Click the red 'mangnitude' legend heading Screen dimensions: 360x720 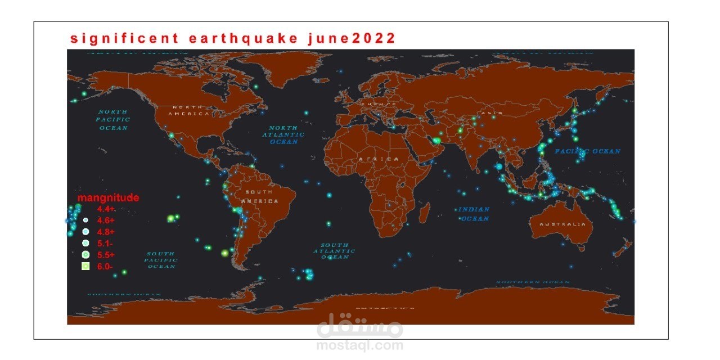tap(108, 198)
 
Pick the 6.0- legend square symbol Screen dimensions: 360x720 tap(85, 267)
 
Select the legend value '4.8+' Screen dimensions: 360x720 tap(106, 232)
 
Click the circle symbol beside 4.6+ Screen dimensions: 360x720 tap(85, 220)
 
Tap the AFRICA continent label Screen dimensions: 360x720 tap(379, 159)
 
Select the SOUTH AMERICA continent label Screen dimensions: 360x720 tap(260, 196)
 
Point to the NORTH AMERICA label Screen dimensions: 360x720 tap(191, 110)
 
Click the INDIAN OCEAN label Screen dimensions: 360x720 tap(474, 214)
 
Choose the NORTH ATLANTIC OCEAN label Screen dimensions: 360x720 tap(286, 135)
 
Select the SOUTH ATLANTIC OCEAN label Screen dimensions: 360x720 tap(334, 251)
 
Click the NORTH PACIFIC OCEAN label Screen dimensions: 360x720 tap(112, 120)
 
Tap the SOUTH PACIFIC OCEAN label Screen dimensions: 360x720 tap(161, 260)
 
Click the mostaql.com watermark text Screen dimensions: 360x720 tap(359, 345)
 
